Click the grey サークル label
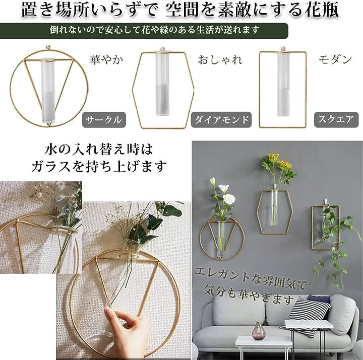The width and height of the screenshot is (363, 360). [x=104, y=120]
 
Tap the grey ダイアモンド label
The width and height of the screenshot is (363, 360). [x=221, y=120]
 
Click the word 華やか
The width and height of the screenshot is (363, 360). [x=106, y=59]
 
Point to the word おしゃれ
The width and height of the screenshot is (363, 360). [x=220, y=59]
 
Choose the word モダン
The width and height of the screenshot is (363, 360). [x=335, y=59]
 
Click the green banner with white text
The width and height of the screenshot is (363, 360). [x=144, y=30]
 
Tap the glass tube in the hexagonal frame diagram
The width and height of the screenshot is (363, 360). [x=162, y=83]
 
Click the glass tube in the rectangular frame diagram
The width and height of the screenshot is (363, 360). [x=283, y=83]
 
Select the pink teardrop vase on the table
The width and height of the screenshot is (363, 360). [x=258, y=331]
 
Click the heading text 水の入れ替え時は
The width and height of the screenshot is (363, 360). [x=99, y=150]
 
